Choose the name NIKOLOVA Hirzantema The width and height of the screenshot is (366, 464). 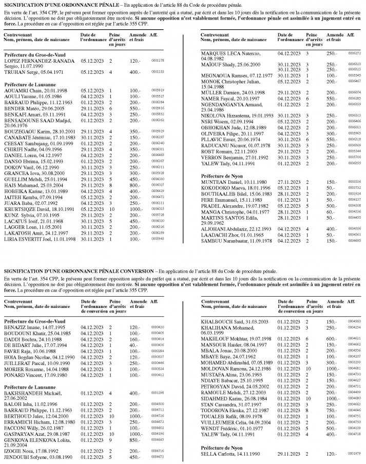[x=224, y=115]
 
